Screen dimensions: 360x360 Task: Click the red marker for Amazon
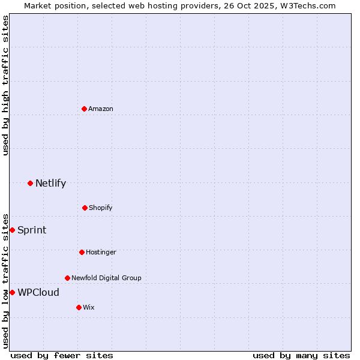(x=85, y=109)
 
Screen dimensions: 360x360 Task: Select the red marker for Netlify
(x=30, y=183)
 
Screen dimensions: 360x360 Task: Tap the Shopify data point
(x=85, y=208)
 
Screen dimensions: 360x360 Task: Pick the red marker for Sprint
(x=12, y=230)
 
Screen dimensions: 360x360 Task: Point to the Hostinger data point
(x=82, y=252)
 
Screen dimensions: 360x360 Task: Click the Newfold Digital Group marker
(x=67, y=278)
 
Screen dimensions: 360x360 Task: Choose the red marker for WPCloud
(x=12, y=292)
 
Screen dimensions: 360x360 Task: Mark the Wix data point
(x=79, y=307)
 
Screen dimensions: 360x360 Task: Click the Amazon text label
(x=101, y=109)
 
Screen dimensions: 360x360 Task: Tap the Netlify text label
(x=50, y=183)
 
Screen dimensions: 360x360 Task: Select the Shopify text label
(x=101, y=208)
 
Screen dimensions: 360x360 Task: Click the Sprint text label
(x=32, y=230)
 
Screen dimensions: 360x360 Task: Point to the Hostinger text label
(x=101, y=252)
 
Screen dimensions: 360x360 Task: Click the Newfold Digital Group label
(x=106, y=278)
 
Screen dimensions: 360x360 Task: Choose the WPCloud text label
(x=38, y=292)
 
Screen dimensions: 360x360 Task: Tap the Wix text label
(x=89, y=307)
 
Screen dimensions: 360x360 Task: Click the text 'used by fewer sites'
(x=61, y=355)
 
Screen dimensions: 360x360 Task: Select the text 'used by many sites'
(x=301, y=355)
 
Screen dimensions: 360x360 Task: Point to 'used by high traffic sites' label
(x=5, y=85)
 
